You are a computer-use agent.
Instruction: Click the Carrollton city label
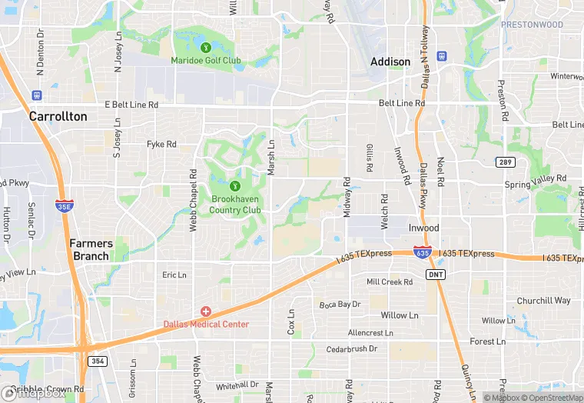(x=58, y=117)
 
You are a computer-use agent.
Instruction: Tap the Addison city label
(x=390, y=62)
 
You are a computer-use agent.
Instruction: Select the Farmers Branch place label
(x=91, y=249)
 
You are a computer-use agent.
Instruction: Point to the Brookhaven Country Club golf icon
(x=235, y=185)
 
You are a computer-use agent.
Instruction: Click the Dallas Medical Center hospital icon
(x=206, y=311)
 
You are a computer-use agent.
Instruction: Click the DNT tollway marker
(x=435, y=274)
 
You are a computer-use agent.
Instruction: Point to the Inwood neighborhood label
(x=423, y=228)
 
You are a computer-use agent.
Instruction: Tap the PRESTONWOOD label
(x=532, y=25)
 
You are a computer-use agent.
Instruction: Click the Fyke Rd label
(x=161, y=144)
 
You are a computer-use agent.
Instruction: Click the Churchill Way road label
(x=543, y=301)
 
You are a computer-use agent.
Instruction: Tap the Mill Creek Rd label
(x=390, y=282)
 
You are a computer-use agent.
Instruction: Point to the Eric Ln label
(x=174, y=275)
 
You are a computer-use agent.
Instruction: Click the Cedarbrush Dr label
(x=352, y=348)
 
